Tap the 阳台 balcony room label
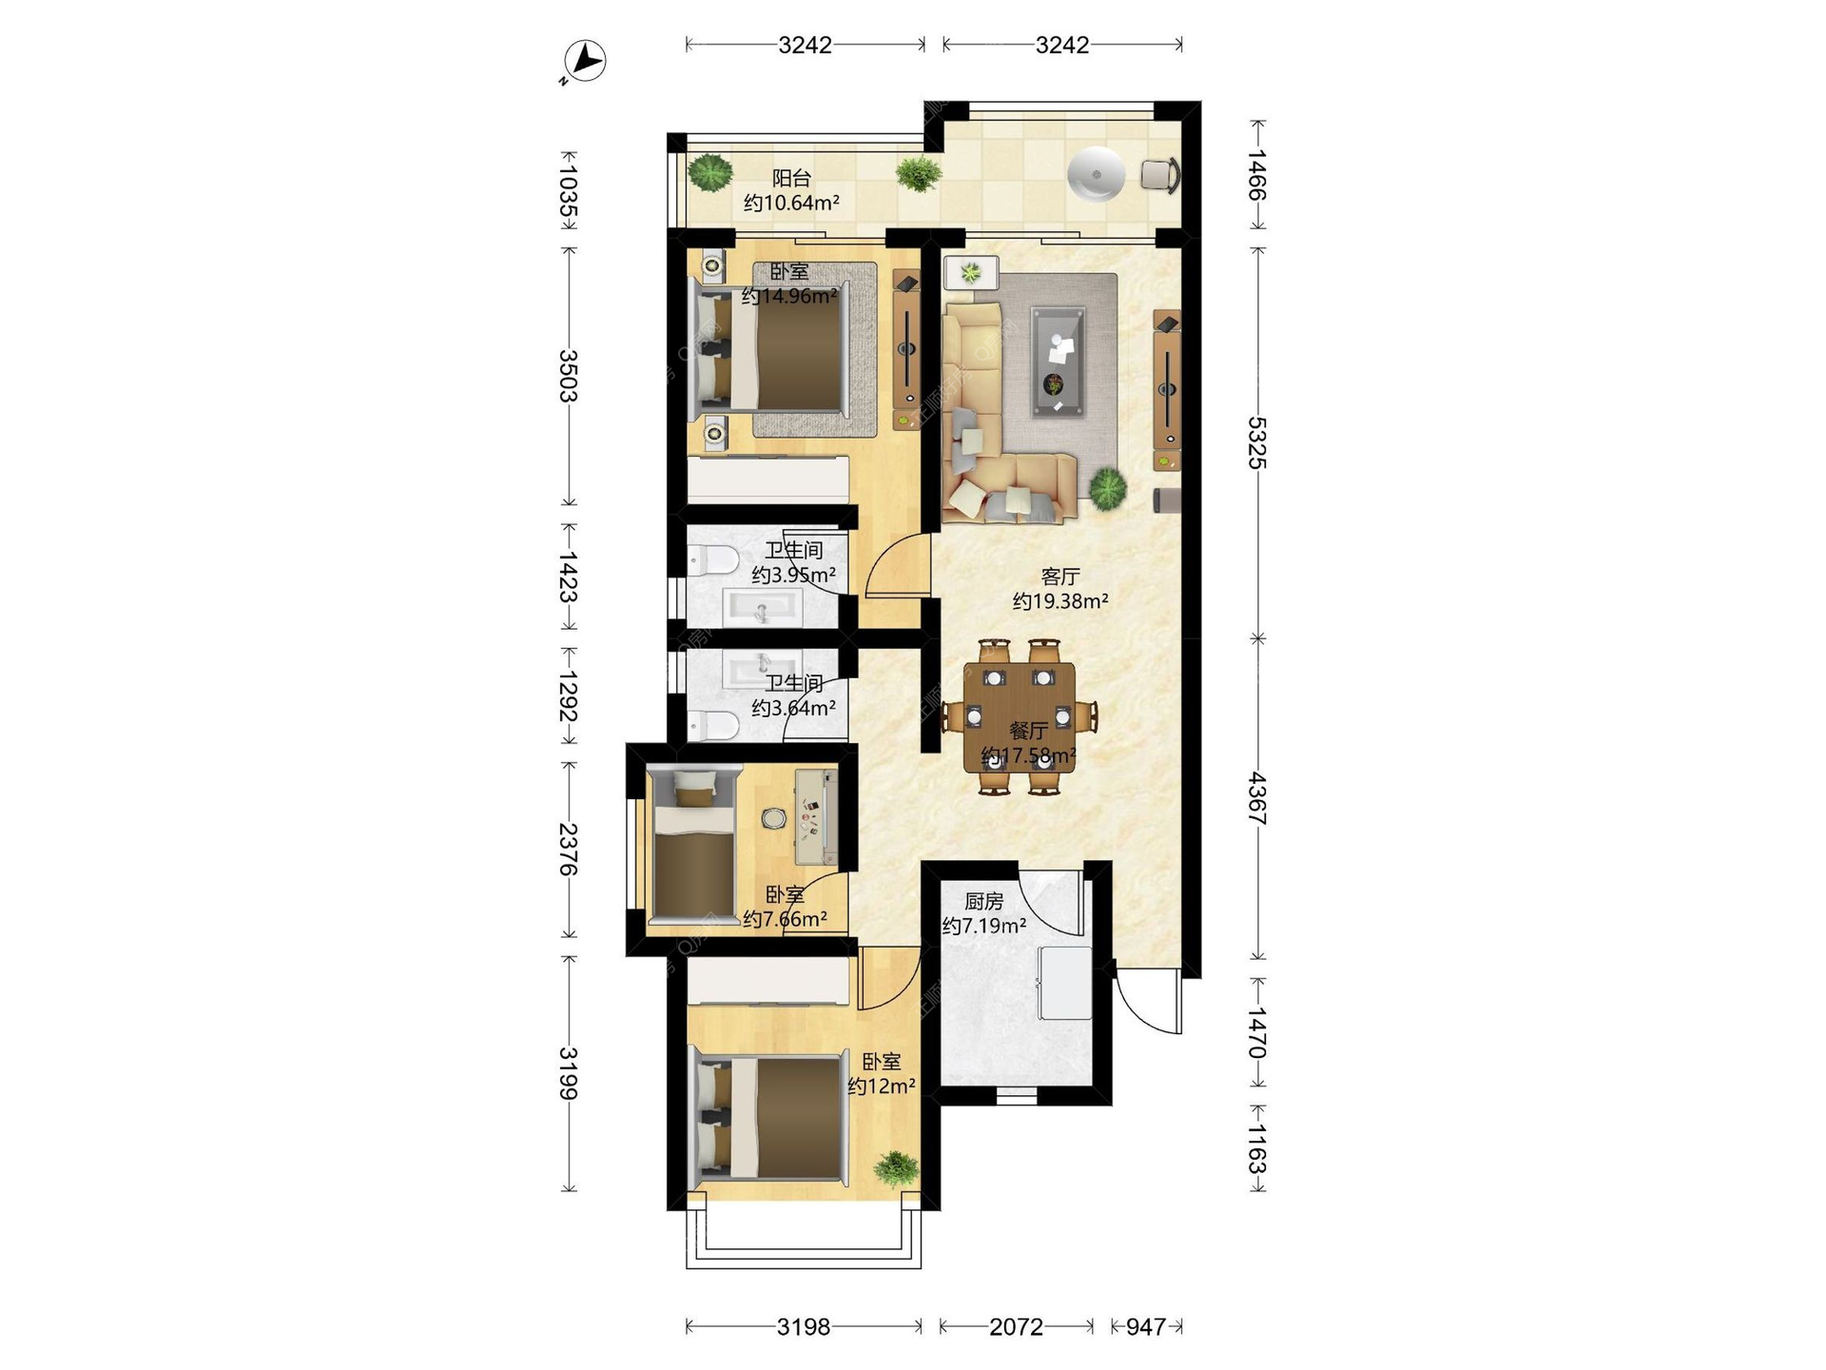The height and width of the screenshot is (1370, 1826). [791, 178]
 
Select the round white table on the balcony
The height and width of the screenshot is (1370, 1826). [1096, 175]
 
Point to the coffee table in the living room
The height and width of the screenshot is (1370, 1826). [1058, 362]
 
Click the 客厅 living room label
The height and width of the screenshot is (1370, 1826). [1059, 577]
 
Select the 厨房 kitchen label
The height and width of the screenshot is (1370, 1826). [983, 901]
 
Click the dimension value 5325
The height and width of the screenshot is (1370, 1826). [1257, 442]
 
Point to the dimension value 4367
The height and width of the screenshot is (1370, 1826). [1257, 798]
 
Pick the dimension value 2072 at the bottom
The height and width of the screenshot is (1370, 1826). [1016, 1326]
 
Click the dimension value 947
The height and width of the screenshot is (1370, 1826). [1145, 1326]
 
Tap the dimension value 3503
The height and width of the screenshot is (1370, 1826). [569, 376]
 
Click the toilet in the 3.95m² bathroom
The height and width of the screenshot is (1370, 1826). [711, 561]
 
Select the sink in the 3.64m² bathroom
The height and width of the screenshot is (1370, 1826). [763, 669]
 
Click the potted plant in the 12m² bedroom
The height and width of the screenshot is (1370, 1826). [895, 1167]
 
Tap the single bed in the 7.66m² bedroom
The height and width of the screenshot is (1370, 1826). [694, 846]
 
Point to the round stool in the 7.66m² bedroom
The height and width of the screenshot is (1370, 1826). [773, 818]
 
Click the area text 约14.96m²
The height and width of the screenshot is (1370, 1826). [789, 296]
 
